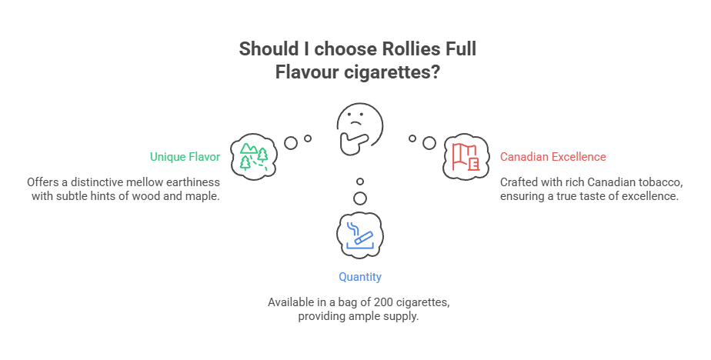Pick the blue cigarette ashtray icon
(359, 234)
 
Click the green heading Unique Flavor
(185, 157)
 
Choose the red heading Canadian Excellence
(552, 157)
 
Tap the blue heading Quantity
(359, 277)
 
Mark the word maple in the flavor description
(203, 196)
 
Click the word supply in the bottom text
(402, 316)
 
